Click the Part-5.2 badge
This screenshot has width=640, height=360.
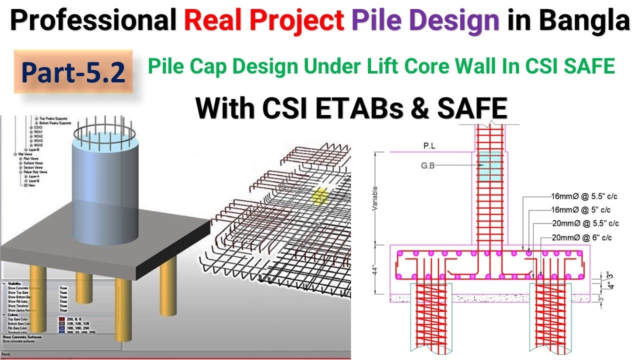pyautogui.click(x=73, y=72)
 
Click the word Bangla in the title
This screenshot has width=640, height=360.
pyautogui.click(x=590, y=21)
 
